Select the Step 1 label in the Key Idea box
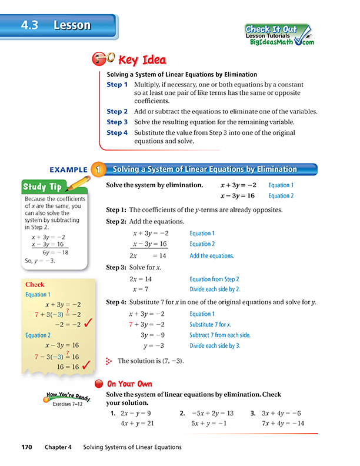tap(117, 85)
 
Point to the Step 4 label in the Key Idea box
tap(117, 133)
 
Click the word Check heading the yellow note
tap(35, 285)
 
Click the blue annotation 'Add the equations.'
tap(211, 256)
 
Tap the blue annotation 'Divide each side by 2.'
tap(215, 289)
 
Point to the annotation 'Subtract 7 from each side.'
tap(219, 335)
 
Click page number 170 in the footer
tap(29, 447)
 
